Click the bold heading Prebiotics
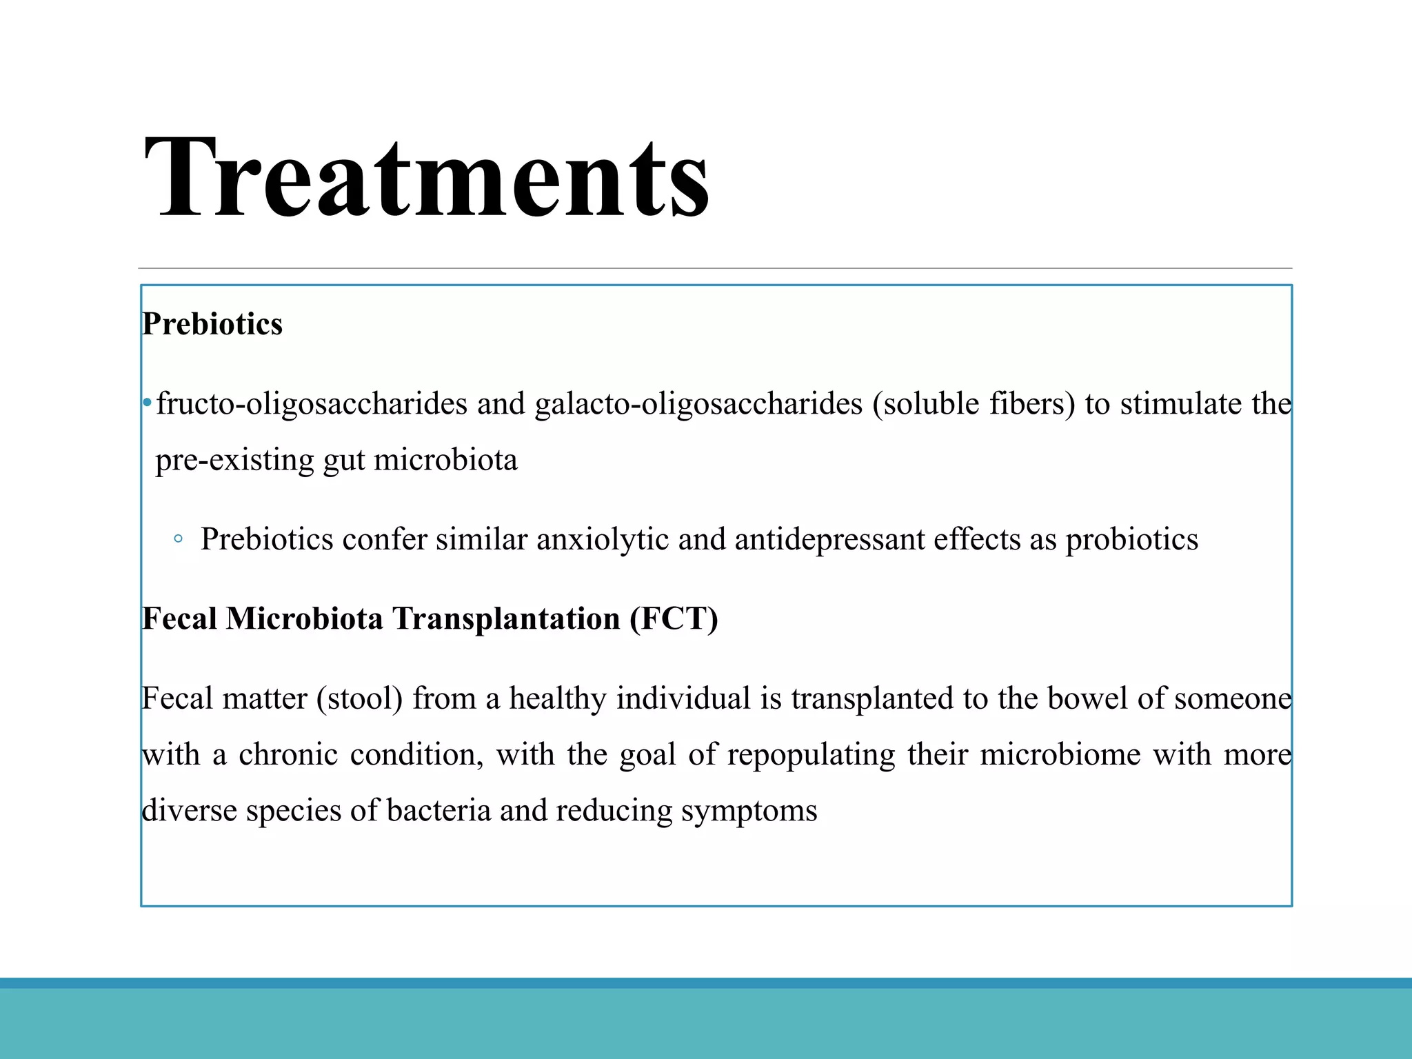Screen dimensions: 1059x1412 point(212,324)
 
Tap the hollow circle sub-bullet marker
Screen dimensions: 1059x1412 point(179,539)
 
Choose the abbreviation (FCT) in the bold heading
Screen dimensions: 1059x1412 point(673,619)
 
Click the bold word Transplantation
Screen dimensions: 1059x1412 point(506,619)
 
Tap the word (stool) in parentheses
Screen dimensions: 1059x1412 point(360,699)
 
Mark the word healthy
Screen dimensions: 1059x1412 point(558,699)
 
